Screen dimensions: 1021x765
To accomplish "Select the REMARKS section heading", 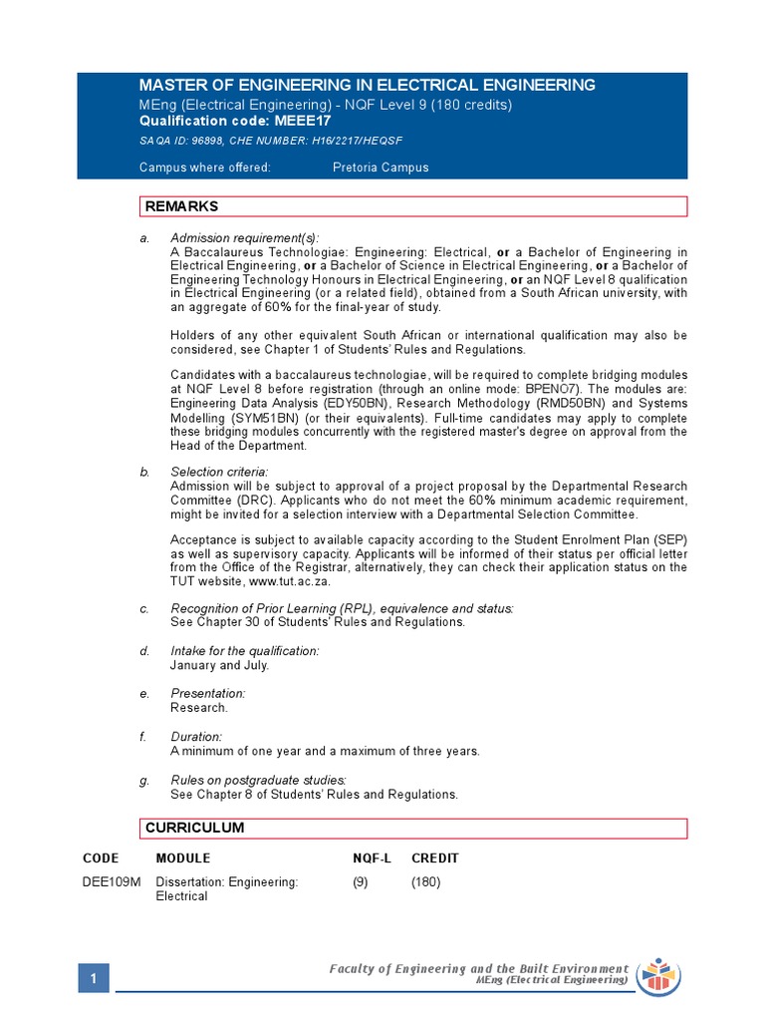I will click(x=182, y=206).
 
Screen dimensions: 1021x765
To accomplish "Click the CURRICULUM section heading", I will click(x=194, y=829).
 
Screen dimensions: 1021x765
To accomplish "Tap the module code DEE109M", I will click(x=112, y=882).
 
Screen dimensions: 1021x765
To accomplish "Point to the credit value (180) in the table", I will click(x=425, y=882).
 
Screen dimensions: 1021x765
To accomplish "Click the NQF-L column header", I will click(x=372, y=858).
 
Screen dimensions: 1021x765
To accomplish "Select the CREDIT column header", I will click(x=435, y=858).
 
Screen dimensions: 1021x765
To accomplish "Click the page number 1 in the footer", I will click(x=93, y=980).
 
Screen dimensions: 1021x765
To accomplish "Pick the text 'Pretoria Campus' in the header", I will click(x=381, y=168).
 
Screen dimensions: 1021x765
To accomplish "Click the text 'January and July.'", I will click(x=219, y=665).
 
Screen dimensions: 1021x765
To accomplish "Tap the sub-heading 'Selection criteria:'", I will click(x=219, y=472).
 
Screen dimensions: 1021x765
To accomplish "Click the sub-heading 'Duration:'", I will click(x=196, y=737).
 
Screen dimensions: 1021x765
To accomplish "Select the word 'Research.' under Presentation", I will click(x=199, y=708).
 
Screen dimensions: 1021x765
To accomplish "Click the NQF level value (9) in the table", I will click(x=361, y=882).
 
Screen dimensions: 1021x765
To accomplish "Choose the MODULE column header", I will click(x=183, y=858).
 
